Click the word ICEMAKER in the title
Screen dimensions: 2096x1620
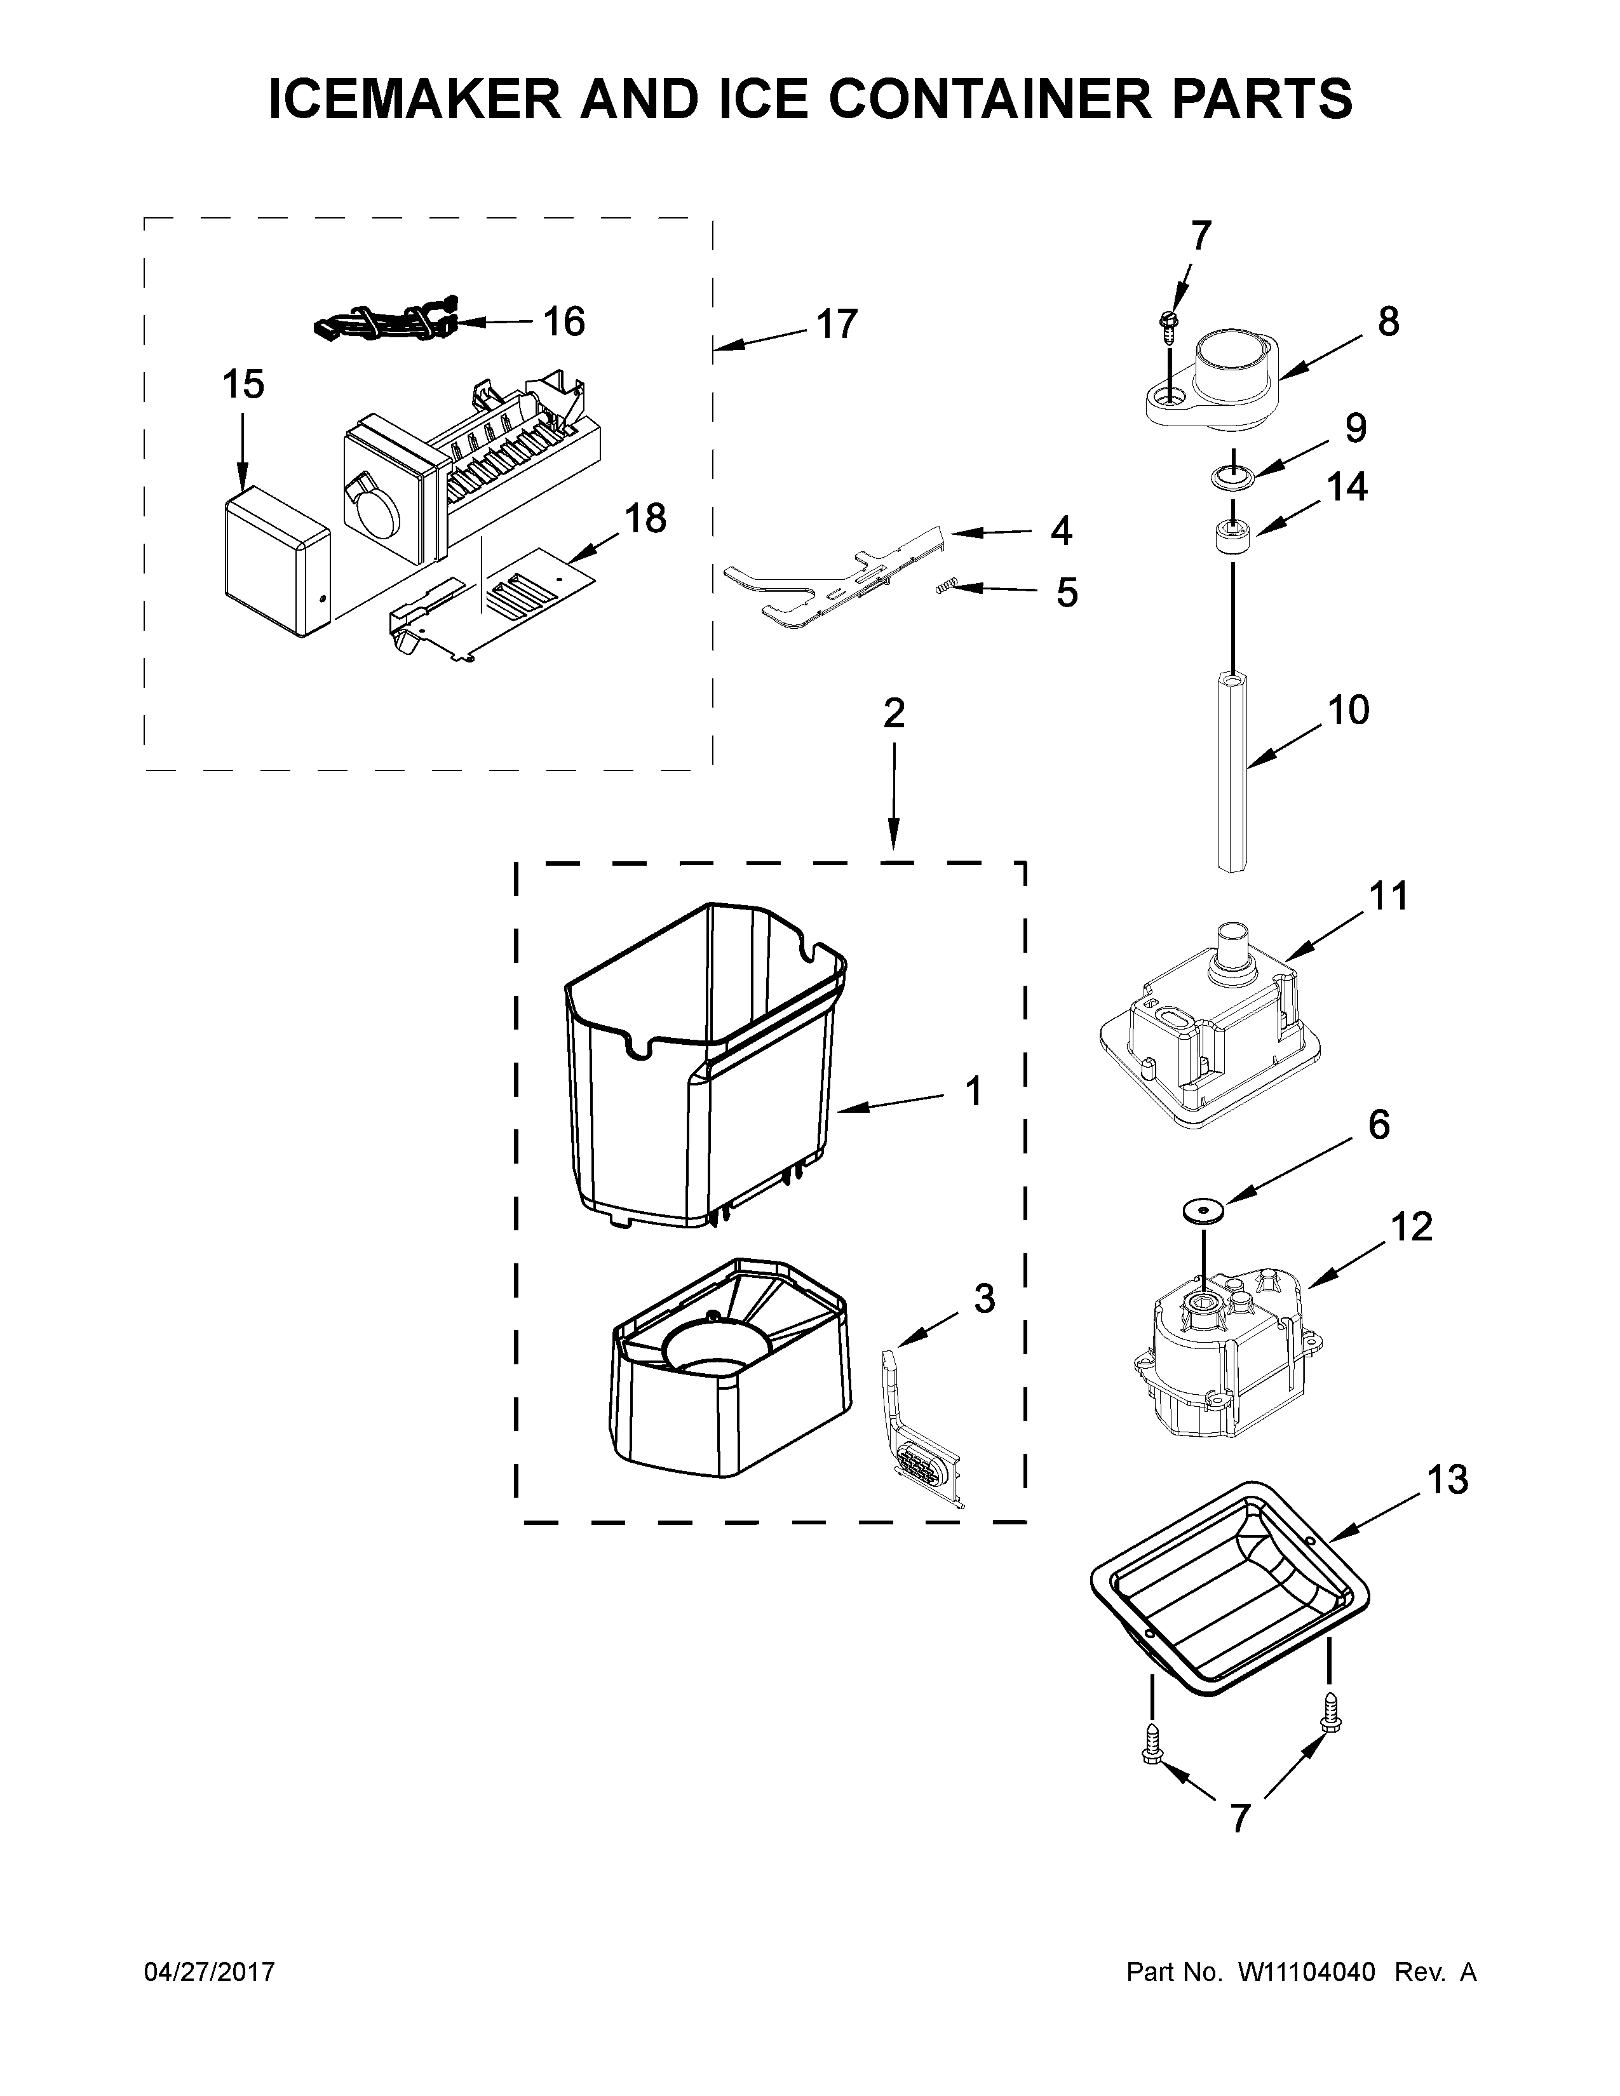click(x=414, y=99)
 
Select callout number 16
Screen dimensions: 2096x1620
click(x=564, y=321)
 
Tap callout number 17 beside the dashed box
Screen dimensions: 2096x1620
click(x=836, y=325)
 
